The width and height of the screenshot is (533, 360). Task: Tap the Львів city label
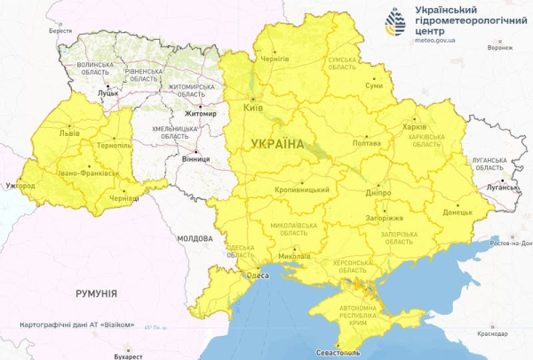click(x=68, y=132)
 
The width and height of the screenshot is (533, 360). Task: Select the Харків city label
click(x=414, y=126)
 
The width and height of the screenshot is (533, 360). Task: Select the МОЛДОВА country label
click(x=195, y=239)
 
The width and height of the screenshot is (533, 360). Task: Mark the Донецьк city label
click(x=446, y=213)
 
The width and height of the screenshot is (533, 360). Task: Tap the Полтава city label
click(x=367, y=143)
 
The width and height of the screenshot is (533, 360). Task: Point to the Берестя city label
click(x=60, y=30)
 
